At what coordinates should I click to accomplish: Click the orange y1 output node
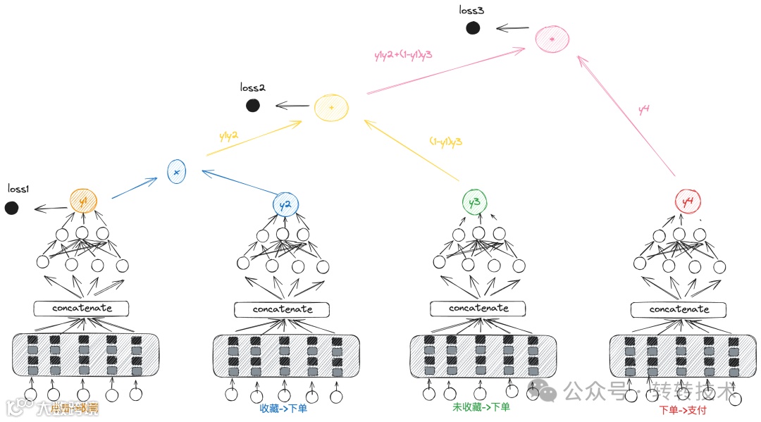(83, 201)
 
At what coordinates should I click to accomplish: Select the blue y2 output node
(285, 205)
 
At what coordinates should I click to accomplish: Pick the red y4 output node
(688, 202)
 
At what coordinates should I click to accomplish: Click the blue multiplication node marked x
(177, 172)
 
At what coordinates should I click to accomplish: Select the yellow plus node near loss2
(331, 107)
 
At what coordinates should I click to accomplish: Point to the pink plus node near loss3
(552, 39)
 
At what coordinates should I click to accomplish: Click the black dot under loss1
(11, 208)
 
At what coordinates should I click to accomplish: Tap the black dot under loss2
(252, 106)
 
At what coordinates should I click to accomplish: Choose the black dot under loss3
(473, 28)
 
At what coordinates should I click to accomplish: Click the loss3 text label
(471, 11)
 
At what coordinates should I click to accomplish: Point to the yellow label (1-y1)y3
(446, 141)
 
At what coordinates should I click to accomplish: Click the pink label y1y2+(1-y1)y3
(404, 55)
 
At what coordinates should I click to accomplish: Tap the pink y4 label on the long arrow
(643, 109)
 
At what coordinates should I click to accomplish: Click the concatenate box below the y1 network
(82, 309)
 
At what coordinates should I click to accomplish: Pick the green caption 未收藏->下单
(481, 407)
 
